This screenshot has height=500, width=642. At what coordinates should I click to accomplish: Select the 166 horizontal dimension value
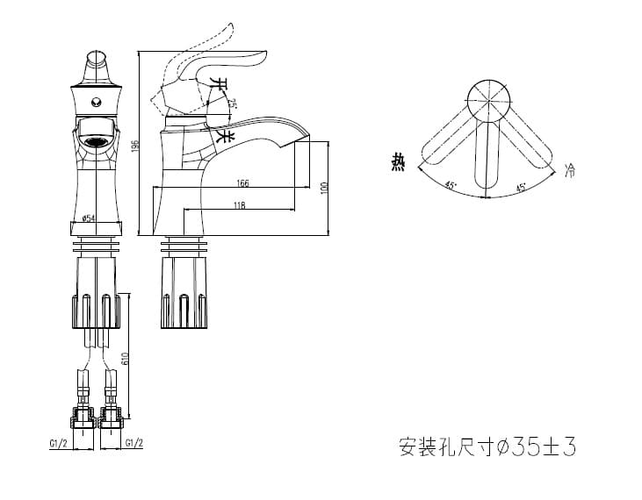243,182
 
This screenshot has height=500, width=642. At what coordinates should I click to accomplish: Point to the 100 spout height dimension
323,188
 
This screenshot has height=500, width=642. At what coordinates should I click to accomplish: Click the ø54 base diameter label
88,218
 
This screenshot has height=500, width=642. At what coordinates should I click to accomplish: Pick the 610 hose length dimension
126,357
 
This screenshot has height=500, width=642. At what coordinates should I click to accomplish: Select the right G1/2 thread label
134,442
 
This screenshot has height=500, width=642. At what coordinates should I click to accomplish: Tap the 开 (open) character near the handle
222,87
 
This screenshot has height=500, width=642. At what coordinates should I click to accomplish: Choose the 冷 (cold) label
570,168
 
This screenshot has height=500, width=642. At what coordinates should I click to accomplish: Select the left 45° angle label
450,185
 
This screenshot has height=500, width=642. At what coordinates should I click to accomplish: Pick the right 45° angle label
520,187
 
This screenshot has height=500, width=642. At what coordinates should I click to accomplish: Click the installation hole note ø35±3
487,447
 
